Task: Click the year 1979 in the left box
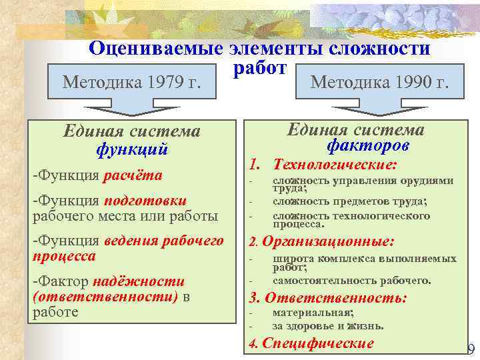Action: coord(167,82)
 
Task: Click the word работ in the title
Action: coord(259,68)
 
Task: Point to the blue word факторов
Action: coord(368,145)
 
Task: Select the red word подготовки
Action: coord(144,201)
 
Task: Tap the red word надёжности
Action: coord(139,281)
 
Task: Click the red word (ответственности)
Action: coord(105,297)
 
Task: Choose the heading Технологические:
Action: coord(335,165)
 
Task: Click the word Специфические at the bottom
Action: coord(318,344)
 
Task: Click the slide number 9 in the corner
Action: coord(471,349)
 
